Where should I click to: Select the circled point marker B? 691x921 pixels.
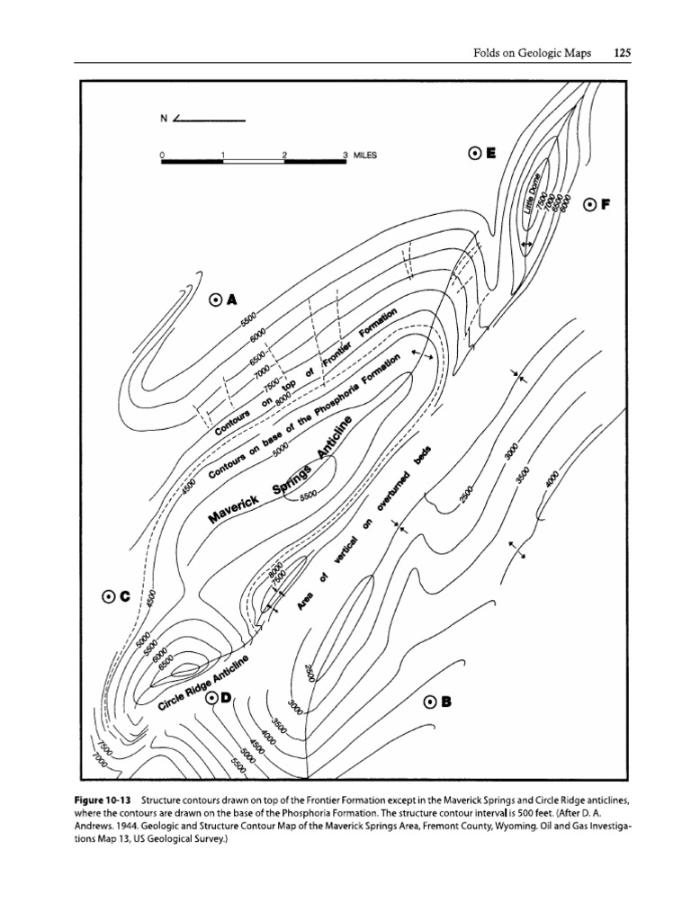point(430,702)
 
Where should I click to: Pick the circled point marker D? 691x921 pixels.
point(212,697)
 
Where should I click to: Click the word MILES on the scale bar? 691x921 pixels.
point(364,155)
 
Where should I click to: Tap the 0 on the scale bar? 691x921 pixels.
point(162,155)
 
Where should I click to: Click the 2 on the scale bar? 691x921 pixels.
point(284,155)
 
